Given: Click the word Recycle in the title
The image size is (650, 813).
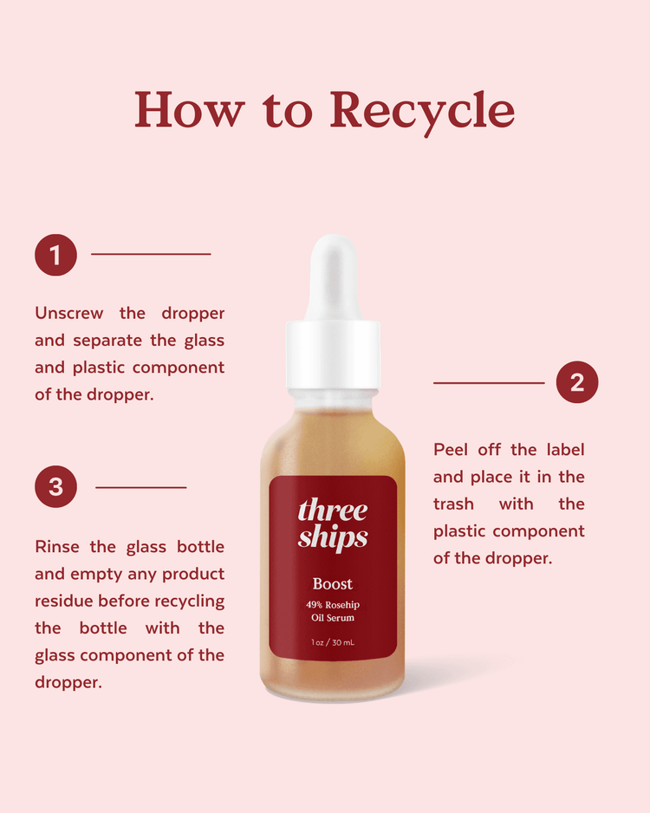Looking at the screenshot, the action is [x=422, y=111].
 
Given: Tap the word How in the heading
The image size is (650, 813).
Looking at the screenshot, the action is [x=189, y=109].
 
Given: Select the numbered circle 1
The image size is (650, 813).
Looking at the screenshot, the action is [x=55, y=255].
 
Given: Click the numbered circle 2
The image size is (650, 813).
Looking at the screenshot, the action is [x=577, y=382].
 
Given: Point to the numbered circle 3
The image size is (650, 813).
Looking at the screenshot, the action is [x=55, y=487].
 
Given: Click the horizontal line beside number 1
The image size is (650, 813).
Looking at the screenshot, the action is [x=151, y=254].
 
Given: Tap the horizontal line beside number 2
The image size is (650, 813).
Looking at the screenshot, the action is [x=489, y=383].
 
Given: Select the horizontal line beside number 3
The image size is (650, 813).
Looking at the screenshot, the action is [x=141, y=487].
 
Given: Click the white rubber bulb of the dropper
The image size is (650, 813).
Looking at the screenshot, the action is [x=334, y=277].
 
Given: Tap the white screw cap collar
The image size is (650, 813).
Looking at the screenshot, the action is [x=334, y=355].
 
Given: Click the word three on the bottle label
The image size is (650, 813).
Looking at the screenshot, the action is [x=332, y=510].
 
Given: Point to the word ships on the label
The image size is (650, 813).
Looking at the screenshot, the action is [x=332, y=537].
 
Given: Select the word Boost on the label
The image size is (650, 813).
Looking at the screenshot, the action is [x=333, y=584].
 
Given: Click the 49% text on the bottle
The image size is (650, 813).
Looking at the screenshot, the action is [x=314, y=605].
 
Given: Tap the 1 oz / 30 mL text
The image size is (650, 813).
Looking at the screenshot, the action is [x=333, y=642].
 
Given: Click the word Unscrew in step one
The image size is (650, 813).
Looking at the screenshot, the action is [x=69, y=313].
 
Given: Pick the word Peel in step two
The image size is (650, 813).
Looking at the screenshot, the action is [x=451, y=450].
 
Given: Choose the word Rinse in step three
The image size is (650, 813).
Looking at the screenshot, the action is [x=57, y=547].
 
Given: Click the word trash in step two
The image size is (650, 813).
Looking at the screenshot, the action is [x=453, y=504].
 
